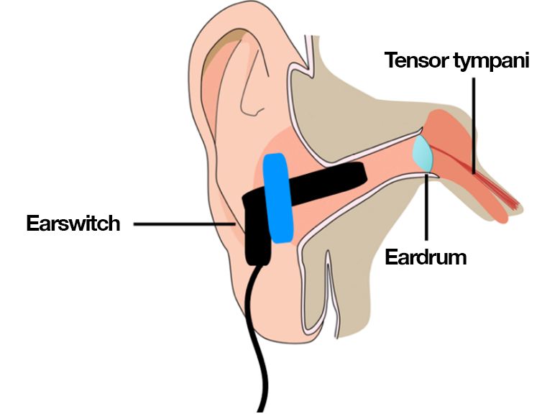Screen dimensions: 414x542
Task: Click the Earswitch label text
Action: point(73,223)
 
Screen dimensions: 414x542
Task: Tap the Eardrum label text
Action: point(426,257)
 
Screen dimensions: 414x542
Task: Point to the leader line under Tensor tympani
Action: point(474,122)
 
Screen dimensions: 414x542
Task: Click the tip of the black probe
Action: point(362,171)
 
